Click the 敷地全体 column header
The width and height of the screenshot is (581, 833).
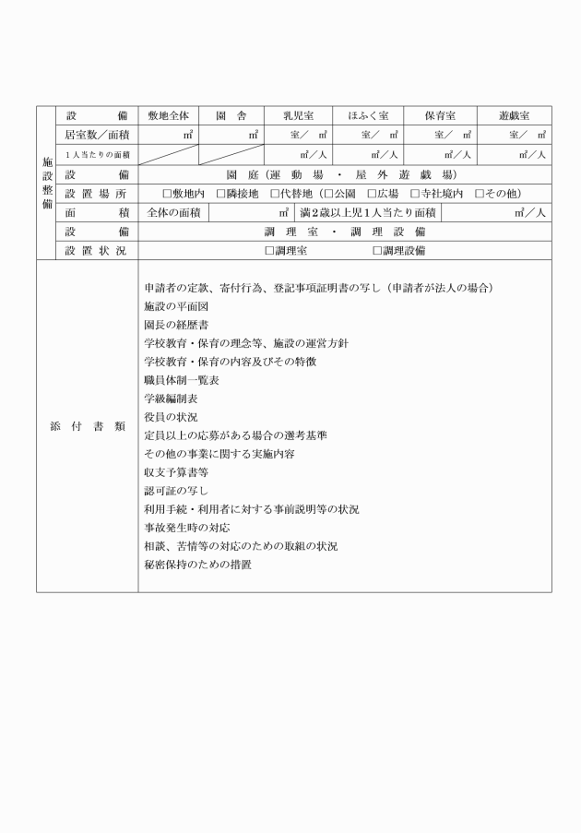coord(168,117)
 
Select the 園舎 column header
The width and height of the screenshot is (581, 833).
coord(228,117)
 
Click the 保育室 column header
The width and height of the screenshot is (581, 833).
coord(440,117)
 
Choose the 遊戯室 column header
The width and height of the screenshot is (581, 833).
coord(514,117)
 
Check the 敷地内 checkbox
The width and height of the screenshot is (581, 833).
coord(167,194)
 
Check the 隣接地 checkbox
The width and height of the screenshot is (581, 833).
coord(220,194)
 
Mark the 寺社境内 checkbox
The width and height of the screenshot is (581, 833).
coord(414,194)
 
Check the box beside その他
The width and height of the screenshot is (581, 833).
coord(480,194)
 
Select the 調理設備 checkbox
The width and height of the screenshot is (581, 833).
coord(376,250)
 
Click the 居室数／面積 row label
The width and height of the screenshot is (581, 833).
coord(97,135)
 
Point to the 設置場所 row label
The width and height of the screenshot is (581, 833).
coord(97,194)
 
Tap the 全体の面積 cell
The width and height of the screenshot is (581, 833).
coord(173,212)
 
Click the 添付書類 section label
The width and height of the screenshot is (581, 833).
coord(88,426)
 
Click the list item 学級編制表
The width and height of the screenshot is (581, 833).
coord(170,399)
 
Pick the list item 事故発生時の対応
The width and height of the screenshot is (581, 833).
coord(188,528)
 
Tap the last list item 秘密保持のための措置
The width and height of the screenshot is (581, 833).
coord(197,565)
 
